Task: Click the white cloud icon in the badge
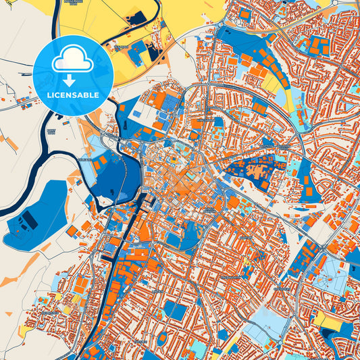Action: coord(72,59)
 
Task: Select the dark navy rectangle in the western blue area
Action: coord(28,220)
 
